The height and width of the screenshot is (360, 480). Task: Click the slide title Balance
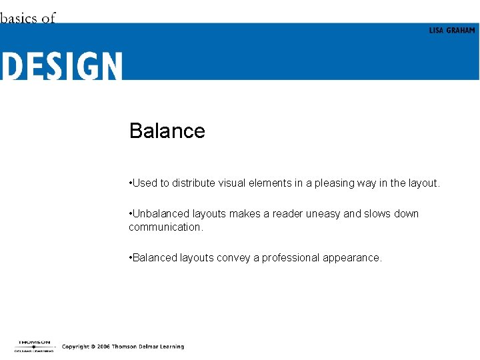167,131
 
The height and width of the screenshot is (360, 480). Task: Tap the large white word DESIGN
61,67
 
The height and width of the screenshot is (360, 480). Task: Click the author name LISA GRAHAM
452,31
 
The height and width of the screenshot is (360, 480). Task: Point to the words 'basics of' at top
28,18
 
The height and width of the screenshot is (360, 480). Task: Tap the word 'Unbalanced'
161,214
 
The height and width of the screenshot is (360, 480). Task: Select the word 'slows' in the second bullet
379,214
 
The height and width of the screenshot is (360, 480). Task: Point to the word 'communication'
165,227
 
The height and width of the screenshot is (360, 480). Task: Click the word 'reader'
286,214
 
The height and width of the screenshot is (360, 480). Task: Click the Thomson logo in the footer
33,346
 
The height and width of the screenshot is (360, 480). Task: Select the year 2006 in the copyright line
103,347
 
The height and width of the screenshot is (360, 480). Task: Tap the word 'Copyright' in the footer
76,347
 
